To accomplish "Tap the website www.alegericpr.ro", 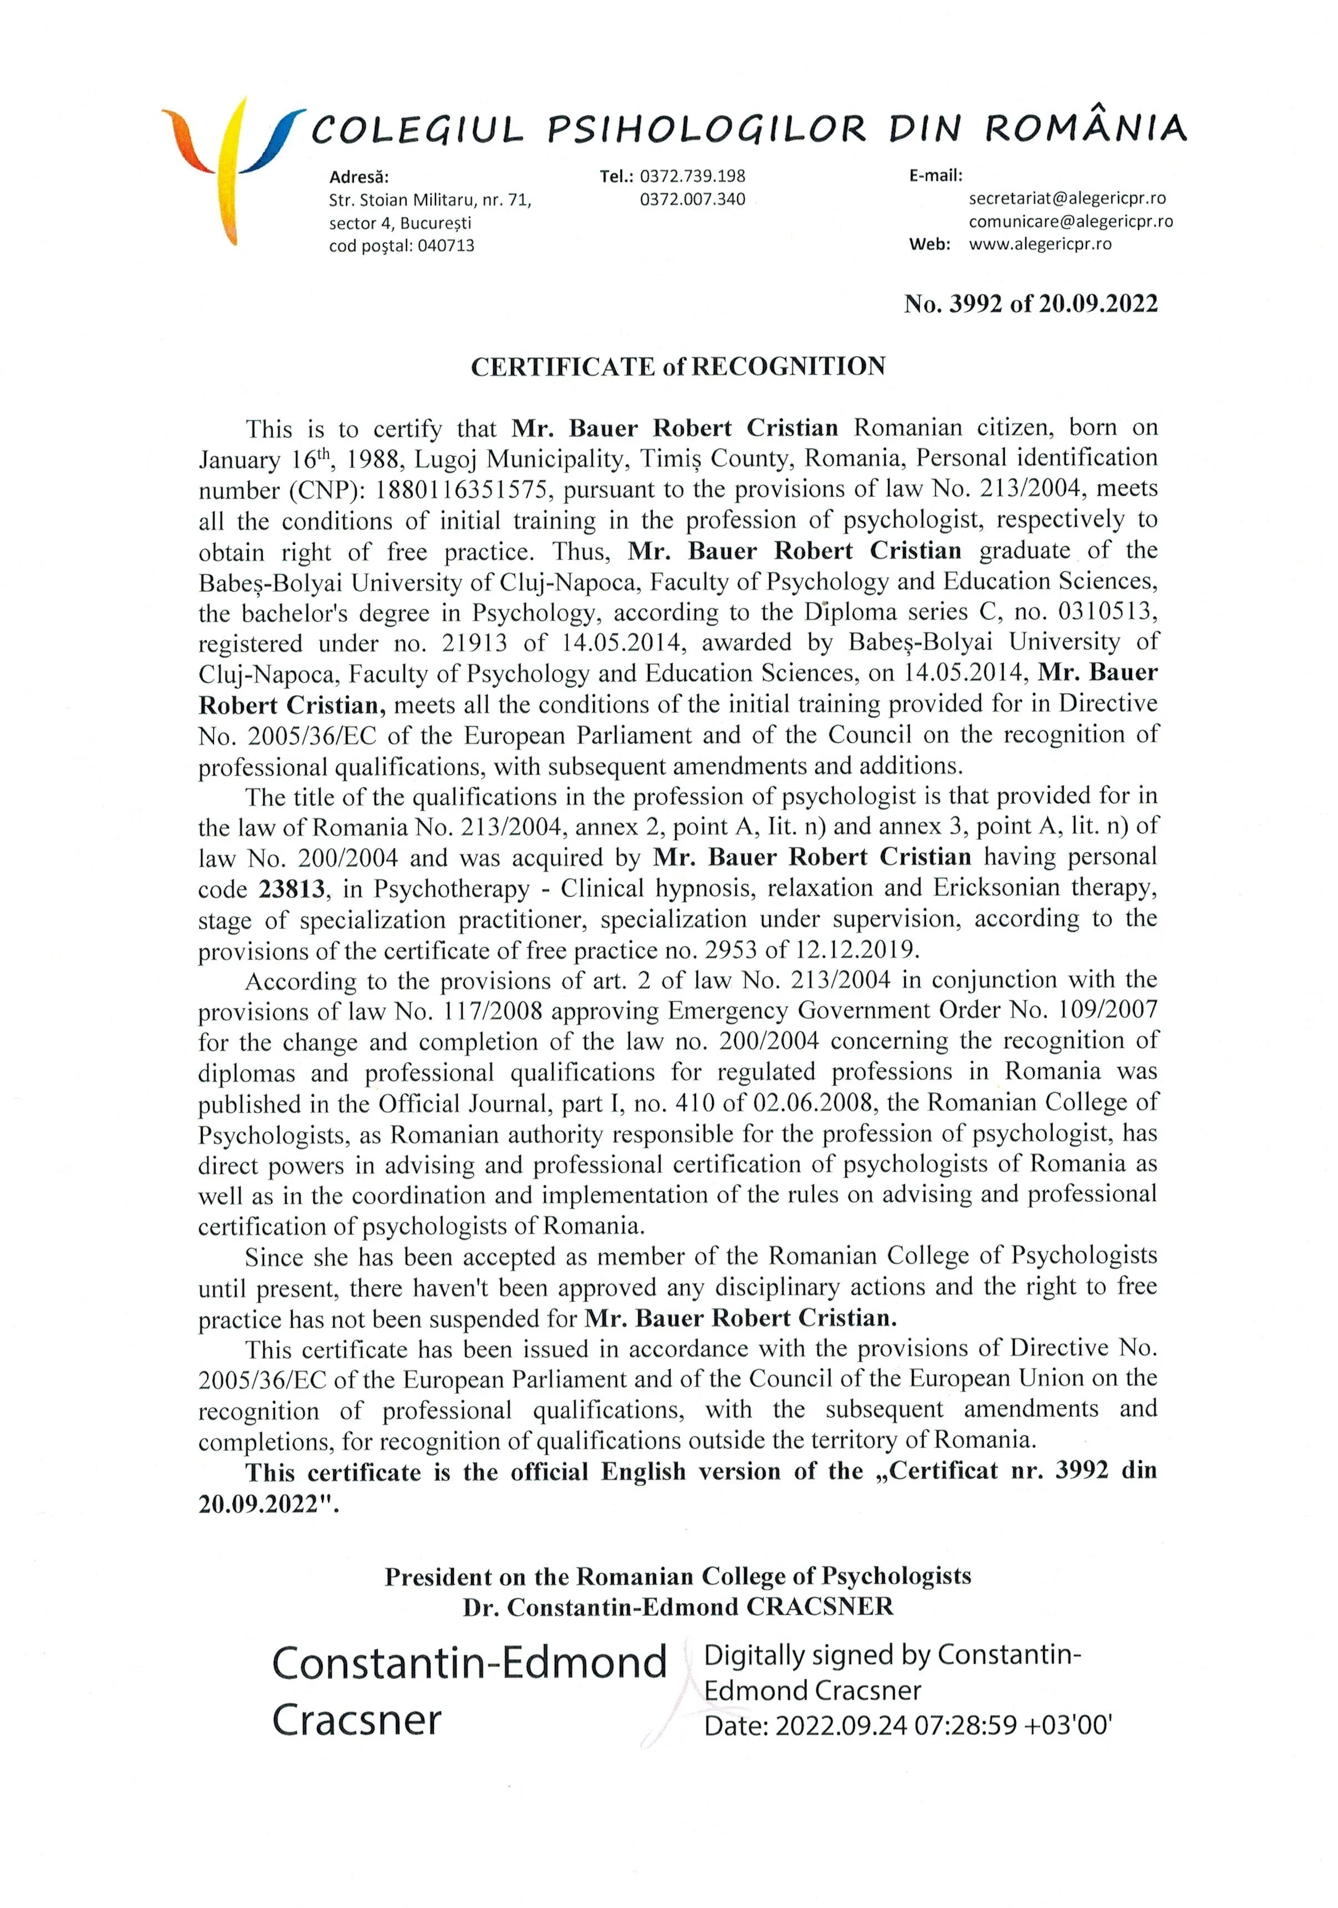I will tap(1040, 244).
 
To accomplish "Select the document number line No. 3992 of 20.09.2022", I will tap(1030, 304).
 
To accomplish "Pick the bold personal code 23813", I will tap(291, 889).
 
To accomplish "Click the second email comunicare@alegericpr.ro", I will tap(1070, 222).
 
